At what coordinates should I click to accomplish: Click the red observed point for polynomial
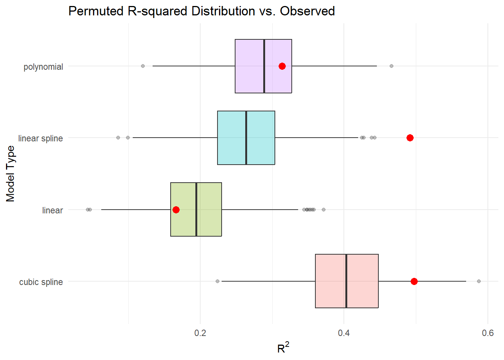282,66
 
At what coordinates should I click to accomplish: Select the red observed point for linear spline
410,138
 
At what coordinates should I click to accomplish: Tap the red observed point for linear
176,210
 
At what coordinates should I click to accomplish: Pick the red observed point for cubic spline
414,282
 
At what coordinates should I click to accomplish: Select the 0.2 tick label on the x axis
200,333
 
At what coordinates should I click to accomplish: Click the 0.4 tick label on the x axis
344,333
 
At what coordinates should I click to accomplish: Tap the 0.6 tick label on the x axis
487,333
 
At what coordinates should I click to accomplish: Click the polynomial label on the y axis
43,67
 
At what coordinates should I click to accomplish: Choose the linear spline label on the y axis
40,138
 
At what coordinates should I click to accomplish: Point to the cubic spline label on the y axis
41,282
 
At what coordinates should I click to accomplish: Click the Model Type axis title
10,174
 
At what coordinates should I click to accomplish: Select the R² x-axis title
283,348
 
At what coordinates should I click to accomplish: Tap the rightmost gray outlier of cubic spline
478,281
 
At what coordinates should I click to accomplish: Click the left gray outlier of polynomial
142,66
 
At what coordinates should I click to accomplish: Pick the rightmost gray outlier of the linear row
324,210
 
